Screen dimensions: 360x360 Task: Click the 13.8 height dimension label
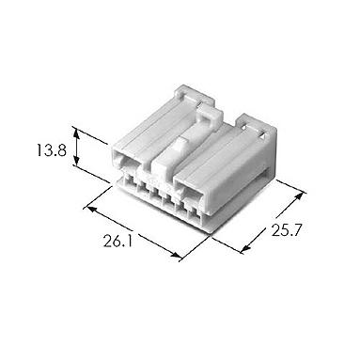click(51, 150)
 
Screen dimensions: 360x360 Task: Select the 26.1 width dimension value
click(117, 241)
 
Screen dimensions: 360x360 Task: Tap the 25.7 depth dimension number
click(286, 230)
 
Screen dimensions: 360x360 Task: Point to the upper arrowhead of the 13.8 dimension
click(75, 133)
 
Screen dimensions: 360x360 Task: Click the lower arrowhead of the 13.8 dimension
click(76, 160)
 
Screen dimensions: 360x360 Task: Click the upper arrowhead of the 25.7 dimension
click(299, 196)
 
